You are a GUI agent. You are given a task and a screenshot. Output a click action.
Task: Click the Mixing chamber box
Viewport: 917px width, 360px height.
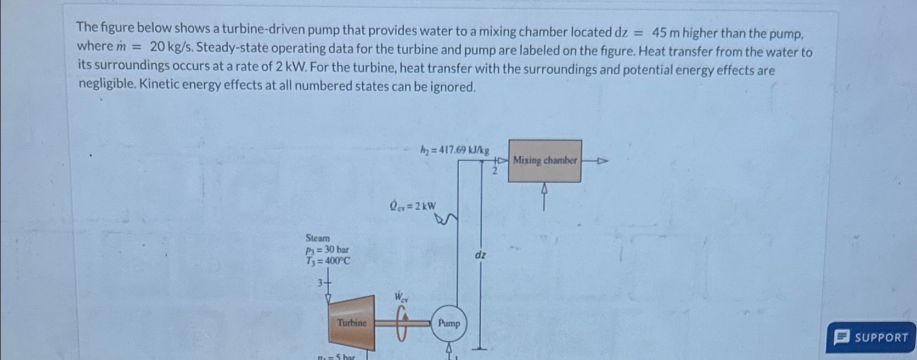pos(544,161)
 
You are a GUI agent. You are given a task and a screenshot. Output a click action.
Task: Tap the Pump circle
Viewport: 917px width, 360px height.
pos(449,324)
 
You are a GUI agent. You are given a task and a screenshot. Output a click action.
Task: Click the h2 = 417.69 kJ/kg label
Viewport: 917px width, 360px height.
pos(455,150)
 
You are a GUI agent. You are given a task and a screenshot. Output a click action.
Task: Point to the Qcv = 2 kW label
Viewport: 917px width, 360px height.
pos(413,206)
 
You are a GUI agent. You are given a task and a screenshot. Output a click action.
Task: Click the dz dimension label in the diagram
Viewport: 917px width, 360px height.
pos(480,255)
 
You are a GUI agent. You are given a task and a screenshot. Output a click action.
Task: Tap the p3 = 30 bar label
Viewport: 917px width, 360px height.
pos(327,250)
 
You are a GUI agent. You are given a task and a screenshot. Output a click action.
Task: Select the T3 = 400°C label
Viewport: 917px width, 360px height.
pos(328,261)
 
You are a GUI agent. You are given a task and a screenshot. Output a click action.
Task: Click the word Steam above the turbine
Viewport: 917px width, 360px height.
pos(318,238)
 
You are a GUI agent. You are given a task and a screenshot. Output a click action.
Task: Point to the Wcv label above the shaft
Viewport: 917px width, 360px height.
pos(401,298)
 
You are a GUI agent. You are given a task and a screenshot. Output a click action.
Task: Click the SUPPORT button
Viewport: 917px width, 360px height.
pos(871,337)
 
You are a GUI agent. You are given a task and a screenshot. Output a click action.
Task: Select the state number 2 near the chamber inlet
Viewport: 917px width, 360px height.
pos(494,172)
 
